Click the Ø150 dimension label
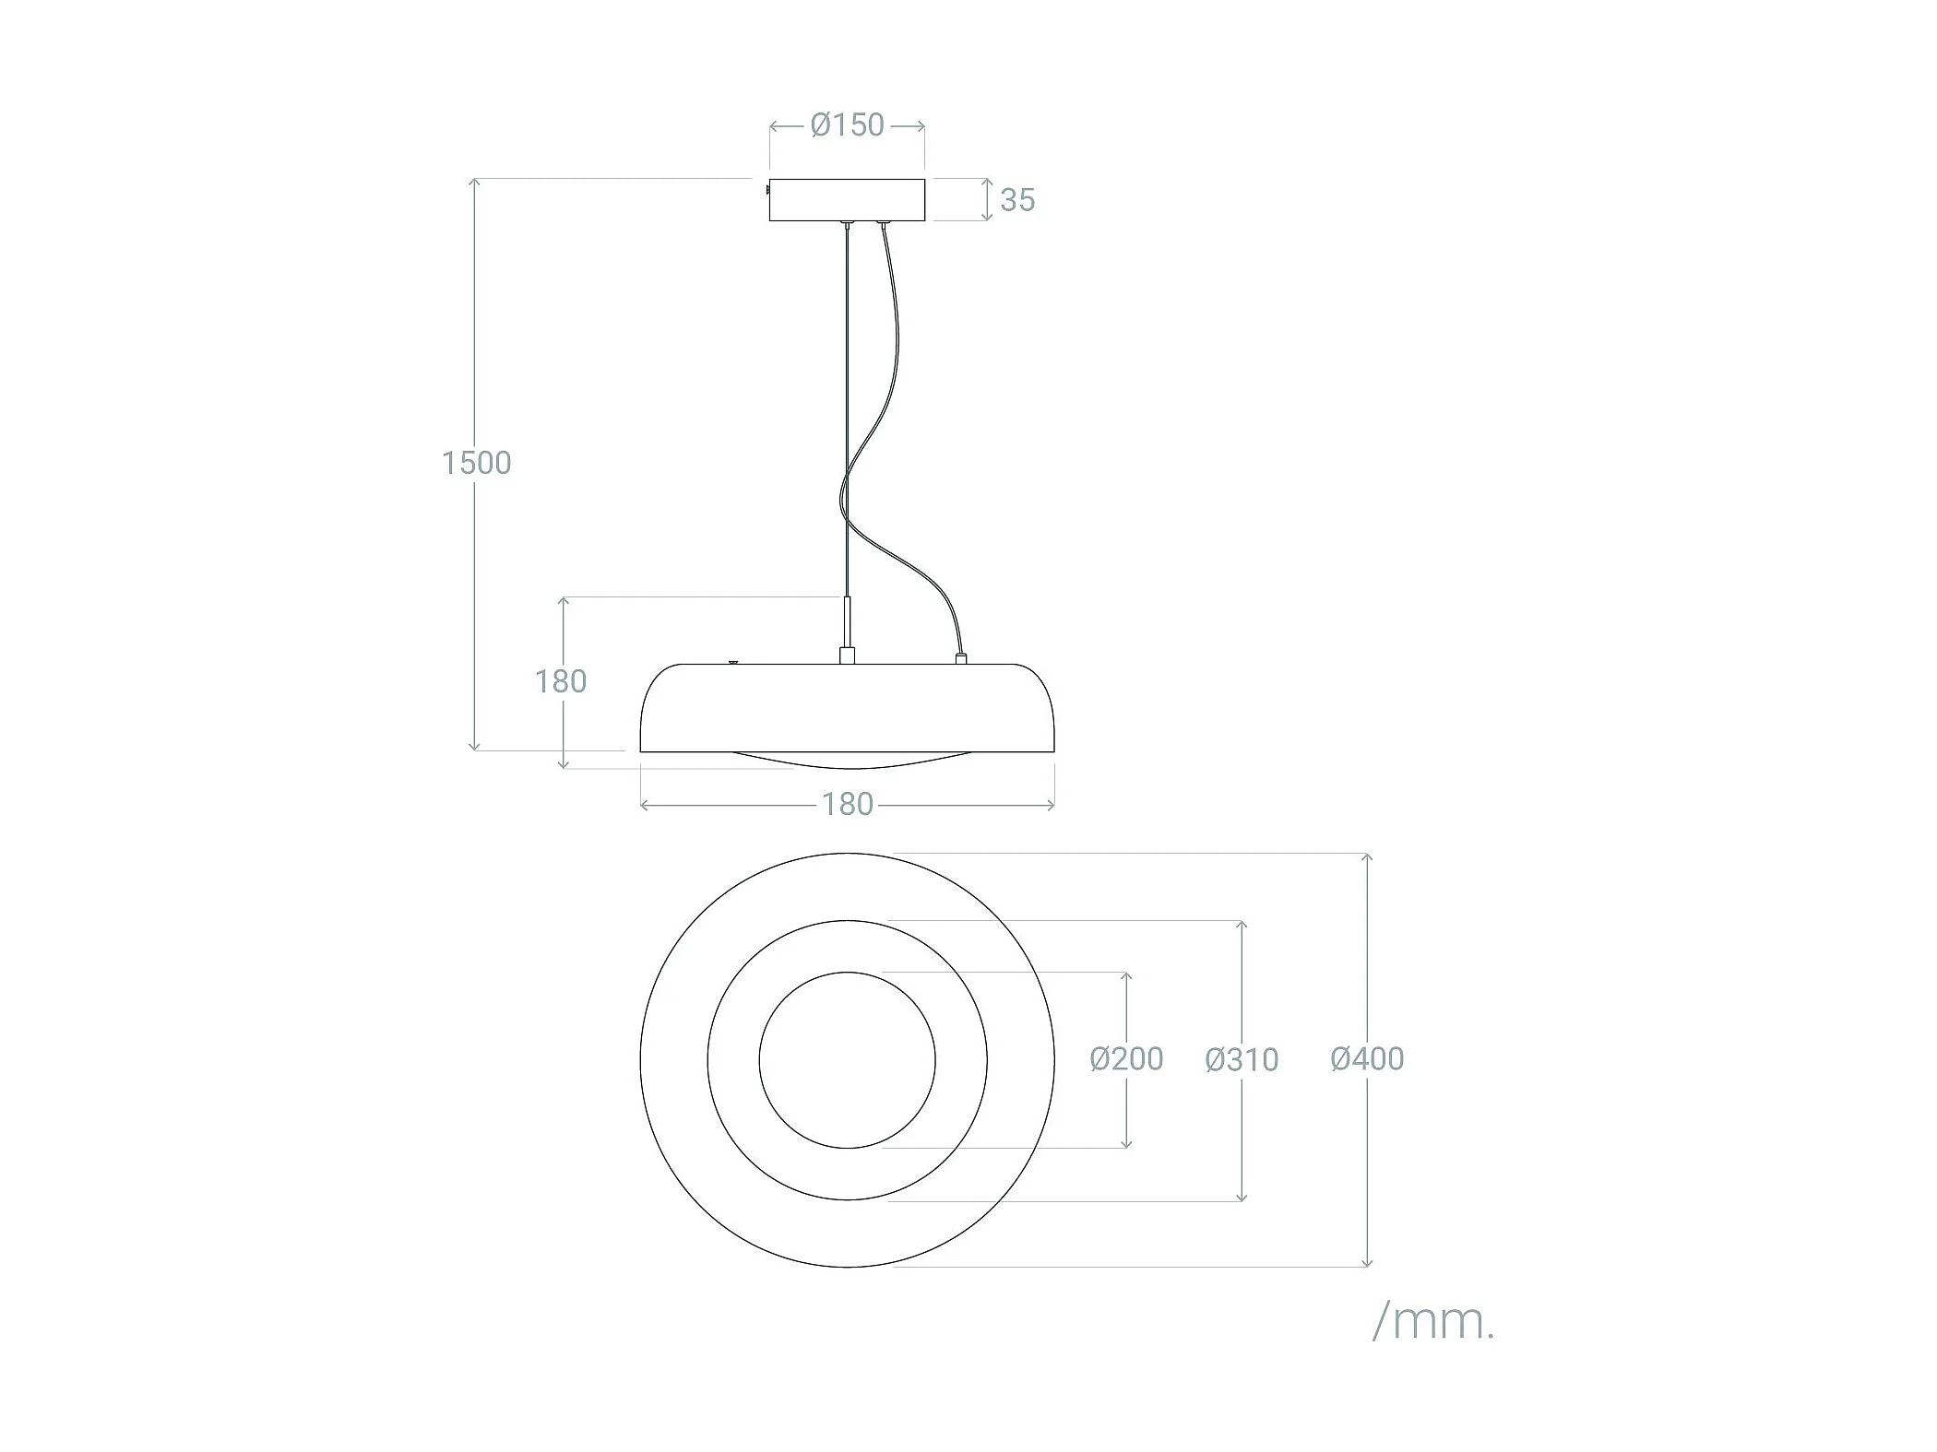point(847,124)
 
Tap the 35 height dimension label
point(1017,200)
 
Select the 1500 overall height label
point(476,463)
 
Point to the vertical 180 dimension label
point(561,681)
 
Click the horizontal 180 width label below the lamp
point(847,805)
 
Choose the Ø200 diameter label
point(1126,1059)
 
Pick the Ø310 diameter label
point(1242,1060)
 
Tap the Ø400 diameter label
point(1367,1059)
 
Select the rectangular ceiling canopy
point(847,200)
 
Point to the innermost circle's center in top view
point(847,1060)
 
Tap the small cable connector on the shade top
point(960,659)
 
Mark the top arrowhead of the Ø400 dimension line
point(1367,858)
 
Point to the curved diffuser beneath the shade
point(847,762)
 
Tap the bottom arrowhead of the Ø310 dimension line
point(1242,1196)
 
